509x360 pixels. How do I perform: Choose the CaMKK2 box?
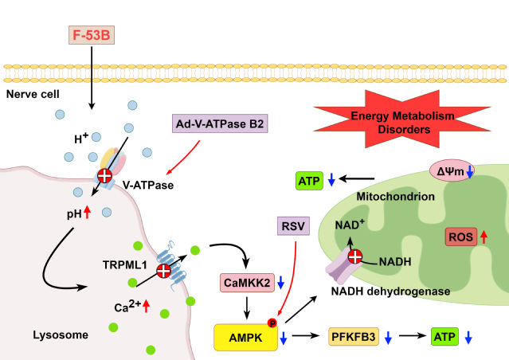point(246,282)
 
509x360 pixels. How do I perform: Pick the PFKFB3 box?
point(353,337)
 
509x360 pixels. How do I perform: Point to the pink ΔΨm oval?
point(451,170)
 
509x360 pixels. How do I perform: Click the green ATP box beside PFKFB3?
point(445,337)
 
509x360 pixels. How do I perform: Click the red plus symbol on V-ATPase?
point(104,176)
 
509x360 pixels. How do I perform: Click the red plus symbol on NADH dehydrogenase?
point(356,257)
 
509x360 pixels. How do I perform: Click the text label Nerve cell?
point(33,94)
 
